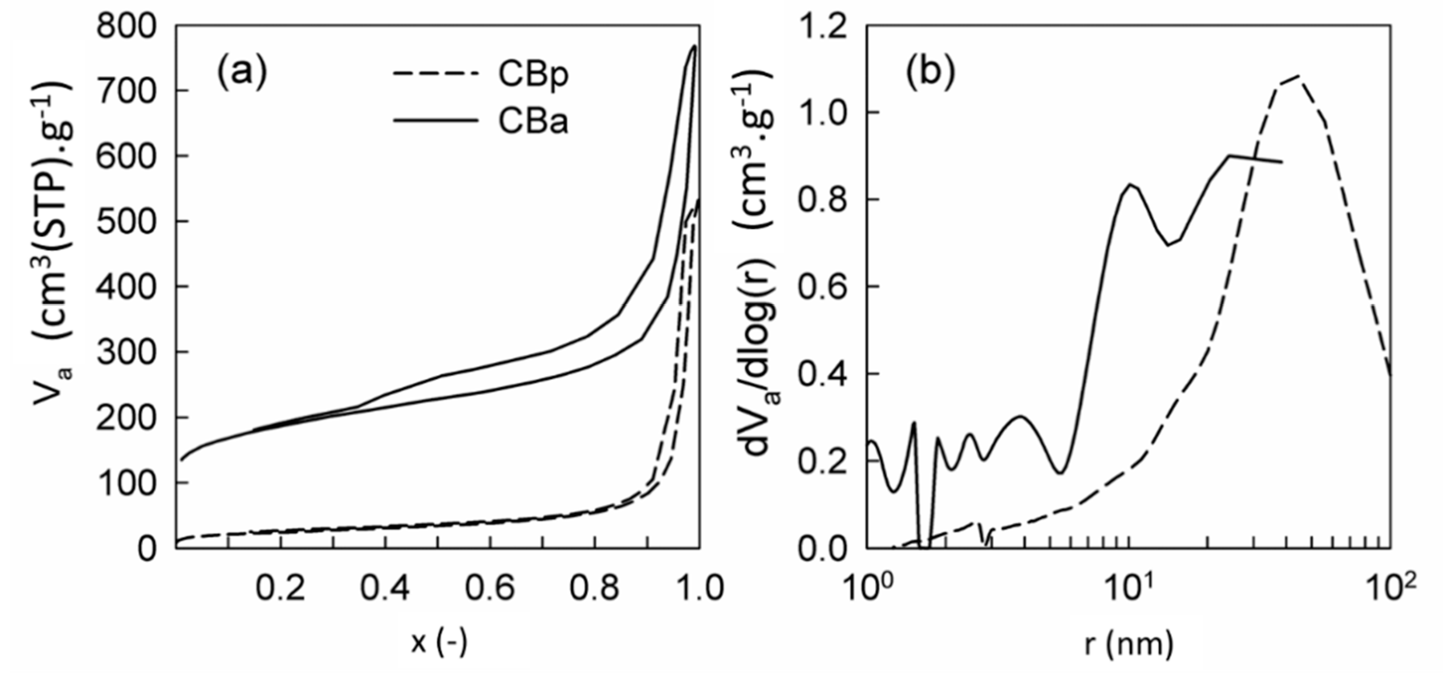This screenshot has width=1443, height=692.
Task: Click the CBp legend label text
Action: [533, 75]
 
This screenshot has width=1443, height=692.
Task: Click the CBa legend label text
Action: [533, 120]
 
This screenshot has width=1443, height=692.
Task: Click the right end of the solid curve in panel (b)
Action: [1282, 162]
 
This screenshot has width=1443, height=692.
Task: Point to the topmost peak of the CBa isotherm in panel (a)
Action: [694, 46]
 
